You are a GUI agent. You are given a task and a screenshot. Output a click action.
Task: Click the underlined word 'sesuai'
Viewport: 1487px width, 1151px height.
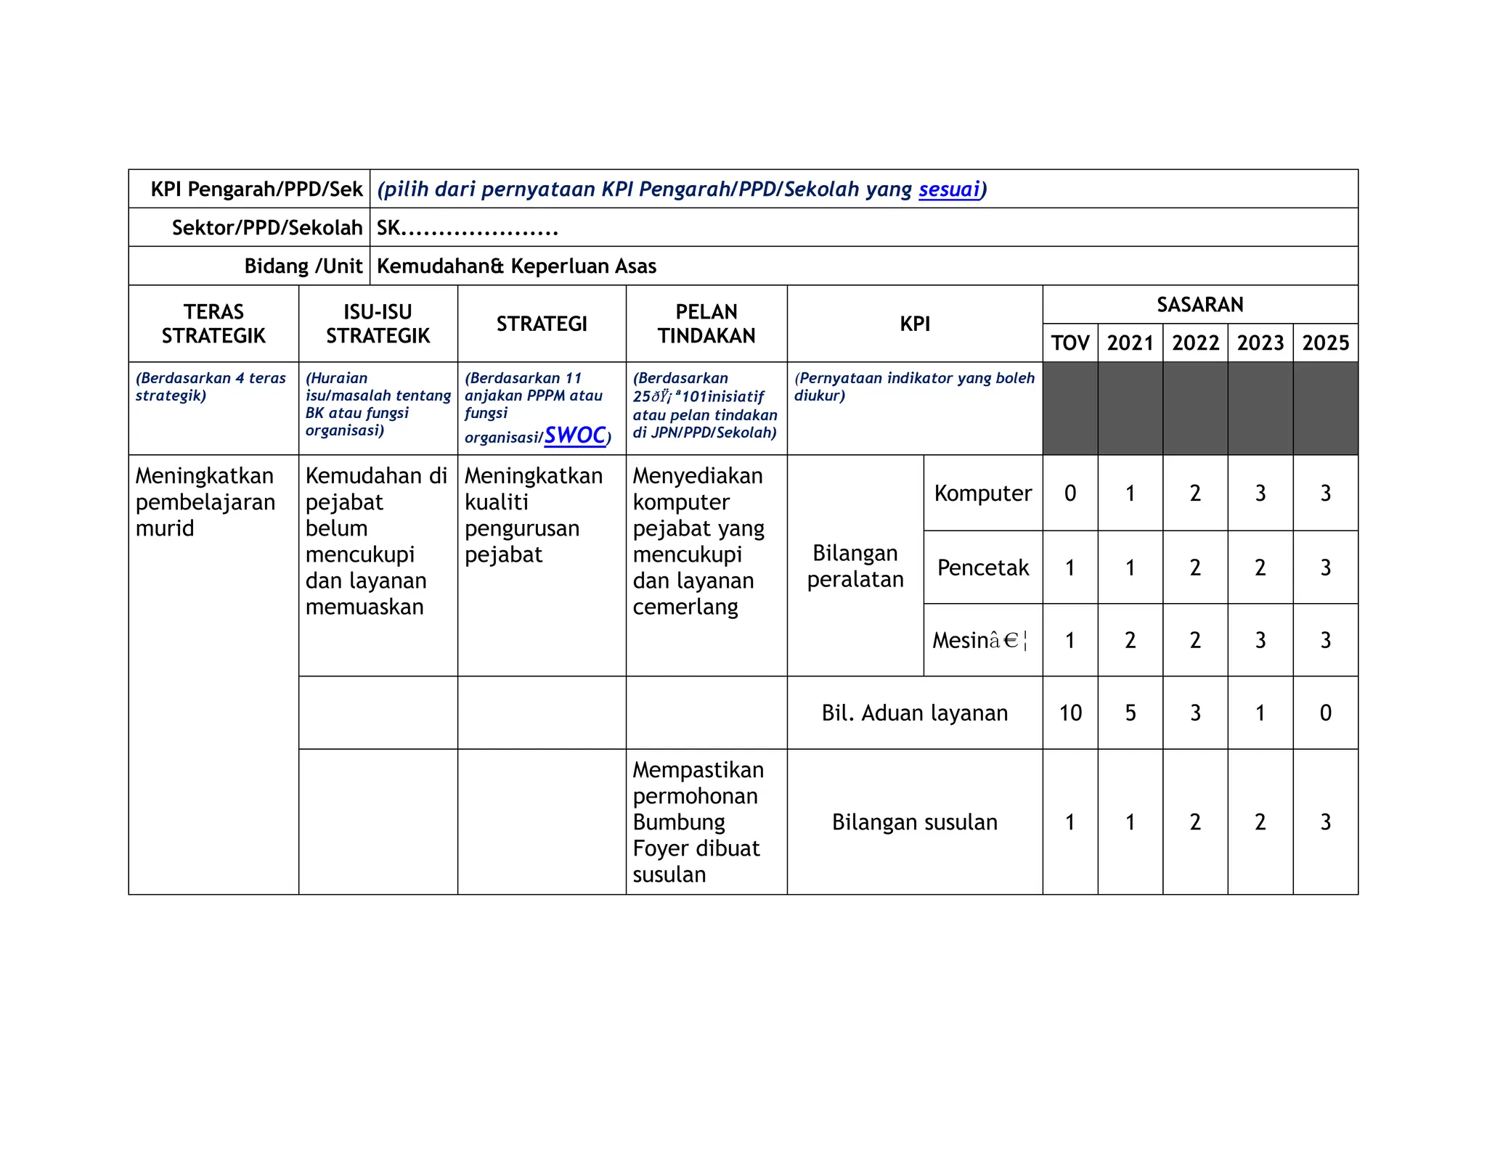click(x=949, y=189)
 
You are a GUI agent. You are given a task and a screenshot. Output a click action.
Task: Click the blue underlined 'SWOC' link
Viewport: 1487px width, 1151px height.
click(x=575, y=435)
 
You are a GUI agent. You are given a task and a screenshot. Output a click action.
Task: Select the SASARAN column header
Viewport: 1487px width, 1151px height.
click(x=1199, y=305)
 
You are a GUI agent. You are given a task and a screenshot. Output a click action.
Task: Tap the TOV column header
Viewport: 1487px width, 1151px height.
click(x=1070, y=343)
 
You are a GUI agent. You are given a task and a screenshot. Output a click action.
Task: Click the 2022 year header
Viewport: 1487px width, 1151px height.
click(x=1195, y=343)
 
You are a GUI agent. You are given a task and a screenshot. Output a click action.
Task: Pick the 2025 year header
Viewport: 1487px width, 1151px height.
click(x=1325, y=343)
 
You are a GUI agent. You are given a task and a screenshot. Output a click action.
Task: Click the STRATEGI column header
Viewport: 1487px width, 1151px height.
click(x=542, y=324)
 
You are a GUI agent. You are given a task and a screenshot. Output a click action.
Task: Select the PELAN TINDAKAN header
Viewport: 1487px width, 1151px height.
click(x=706, y=324)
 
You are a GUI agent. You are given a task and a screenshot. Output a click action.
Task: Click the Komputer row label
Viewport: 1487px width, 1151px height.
click(x=982, y=493)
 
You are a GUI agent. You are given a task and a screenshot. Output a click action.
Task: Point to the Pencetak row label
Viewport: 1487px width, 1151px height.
click(x=982, y=568)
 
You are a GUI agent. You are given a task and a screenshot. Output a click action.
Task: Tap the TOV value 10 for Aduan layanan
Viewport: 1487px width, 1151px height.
click(x=1070, y=713)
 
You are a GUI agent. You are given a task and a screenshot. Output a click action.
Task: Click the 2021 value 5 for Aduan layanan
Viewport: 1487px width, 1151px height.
click(x=1130, y=713)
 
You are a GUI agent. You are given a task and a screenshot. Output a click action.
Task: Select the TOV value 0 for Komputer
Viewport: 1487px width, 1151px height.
click(x=1070, y=493)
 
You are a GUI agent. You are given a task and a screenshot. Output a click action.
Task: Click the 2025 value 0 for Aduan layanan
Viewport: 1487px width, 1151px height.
click(x=1325, y=713)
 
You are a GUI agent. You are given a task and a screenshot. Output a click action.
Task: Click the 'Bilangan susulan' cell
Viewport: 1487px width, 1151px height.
click(x=914, y=822)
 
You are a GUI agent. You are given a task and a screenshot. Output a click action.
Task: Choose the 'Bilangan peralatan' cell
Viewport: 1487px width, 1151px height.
click(x=855, y=566)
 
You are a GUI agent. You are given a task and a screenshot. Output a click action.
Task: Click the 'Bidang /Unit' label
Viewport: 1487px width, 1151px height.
click(x=303, y=266)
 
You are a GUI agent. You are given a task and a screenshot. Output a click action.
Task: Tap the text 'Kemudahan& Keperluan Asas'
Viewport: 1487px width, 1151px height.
click(x=516, y=266)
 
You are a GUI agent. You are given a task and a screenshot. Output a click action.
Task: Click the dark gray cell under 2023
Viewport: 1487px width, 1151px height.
click(x=1260, y=409)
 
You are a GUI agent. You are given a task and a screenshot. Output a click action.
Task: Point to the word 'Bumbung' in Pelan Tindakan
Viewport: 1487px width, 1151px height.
click(x=679, y=822)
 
